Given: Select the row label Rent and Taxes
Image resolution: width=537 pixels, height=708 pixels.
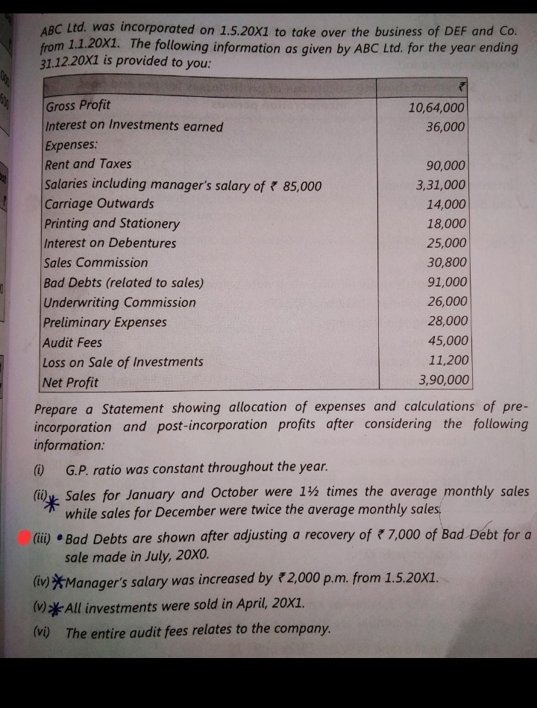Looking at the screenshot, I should click(88, 164).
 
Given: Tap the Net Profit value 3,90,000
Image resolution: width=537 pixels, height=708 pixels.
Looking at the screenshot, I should click(444, 380).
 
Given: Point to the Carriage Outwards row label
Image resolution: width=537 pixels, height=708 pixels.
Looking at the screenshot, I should click(99, 204).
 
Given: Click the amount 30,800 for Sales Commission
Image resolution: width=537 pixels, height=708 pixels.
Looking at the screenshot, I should click(447, 263).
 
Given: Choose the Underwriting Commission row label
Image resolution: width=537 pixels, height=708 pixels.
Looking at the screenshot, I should click(119, 303).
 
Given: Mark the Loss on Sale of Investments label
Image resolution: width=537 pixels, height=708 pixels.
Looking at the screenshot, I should click(123, 363).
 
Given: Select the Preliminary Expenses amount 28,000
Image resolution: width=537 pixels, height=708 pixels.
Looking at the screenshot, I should click(447, 322).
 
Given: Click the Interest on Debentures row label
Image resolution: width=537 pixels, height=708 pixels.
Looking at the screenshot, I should click(110, 243).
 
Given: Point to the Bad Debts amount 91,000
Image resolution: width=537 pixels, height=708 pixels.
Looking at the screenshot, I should click(447, 283).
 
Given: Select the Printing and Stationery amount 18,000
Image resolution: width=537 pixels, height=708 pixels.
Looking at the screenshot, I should click(447, 224).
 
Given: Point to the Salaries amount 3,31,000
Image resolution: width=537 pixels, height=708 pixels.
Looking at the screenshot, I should click(442, 184).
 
